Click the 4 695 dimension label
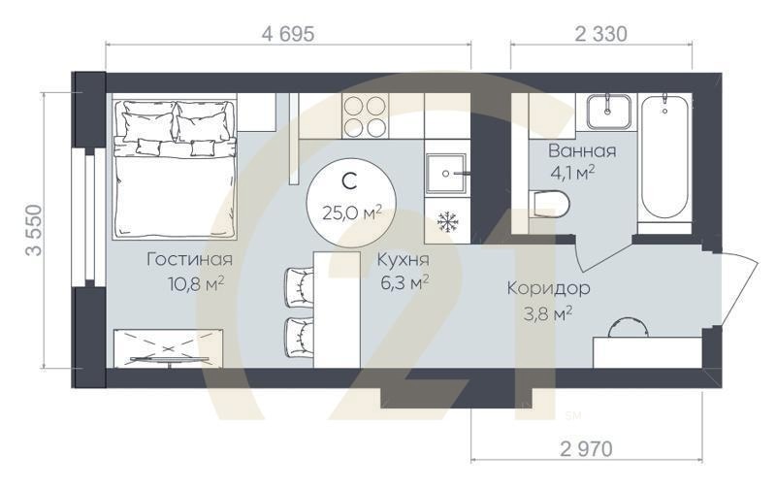click(288, 34)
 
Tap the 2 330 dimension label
click(600, 34)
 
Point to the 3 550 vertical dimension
click(35, 229)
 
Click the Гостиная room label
click(189, 259)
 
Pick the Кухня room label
click(403, 260)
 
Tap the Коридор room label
click(549, 288)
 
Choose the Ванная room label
click(582, 151)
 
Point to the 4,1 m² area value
click(571, 175)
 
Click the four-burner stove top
click(367, 116)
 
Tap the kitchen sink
click(447, 173)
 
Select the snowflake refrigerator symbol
click(447, 222)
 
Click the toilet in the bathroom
click(550, 204)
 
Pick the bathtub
click(664, 160)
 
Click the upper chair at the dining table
click(298, 284)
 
